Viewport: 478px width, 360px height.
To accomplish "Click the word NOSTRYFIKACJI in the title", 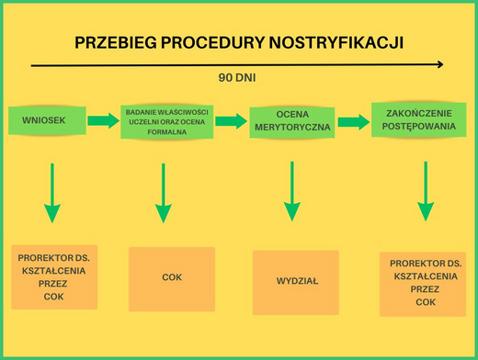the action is click(336, 43).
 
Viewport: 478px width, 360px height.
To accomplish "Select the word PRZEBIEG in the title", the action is click(116, 43).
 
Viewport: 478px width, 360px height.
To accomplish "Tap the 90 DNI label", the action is click(237, 78).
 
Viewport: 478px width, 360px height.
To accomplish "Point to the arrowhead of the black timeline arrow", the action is click(440, 64).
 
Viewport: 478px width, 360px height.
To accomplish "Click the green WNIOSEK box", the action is click(47, 120).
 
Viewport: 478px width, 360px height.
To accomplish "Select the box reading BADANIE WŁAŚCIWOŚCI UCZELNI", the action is click(167, 122).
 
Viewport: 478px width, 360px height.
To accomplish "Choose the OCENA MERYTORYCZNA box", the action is click(292, 122).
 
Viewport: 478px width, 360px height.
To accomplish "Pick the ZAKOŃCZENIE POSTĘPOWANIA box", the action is click(419, 119).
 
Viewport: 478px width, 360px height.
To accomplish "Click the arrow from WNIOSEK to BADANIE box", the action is click(104, 120).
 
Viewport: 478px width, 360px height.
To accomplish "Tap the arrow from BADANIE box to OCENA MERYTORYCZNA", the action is click(232, 121).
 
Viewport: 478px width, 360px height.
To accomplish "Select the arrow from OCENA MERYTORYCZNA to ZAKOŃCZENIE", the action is click(354, 122).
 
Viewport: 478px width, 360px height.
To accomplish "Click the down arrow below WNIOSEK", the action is click(52, 193).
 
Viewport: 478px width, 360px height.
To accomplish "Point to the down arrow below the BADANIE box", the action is click(164, 193).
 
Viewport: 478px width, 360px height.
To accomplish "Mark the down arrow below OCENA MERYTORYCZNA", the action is click(292, 191).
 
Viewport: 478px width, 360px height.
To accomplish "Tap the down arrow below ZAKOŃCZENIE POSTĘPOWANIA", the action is click(426, 191).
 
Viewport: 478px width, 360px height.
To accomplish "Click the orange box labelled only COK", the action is click(172, 279).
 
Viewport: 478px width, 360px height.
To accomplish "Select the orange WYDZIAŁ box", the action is click(296, 283).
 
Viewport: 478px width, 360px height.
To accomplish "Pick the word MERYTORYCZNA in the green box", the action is click(292, 128).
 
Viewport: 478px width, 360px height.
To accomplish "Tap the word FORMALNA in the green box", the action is click(167, 132).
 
